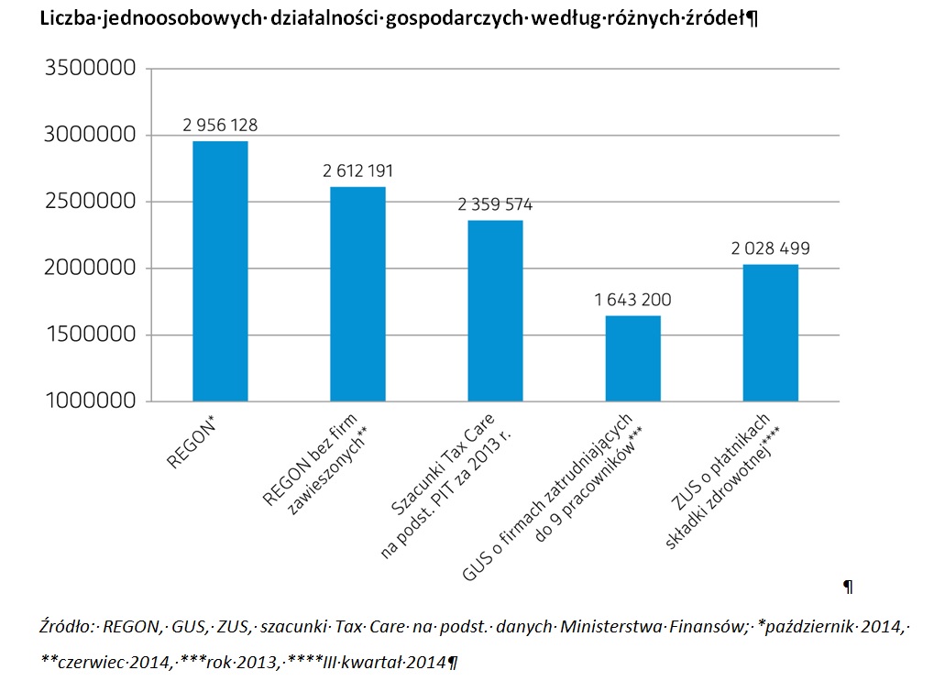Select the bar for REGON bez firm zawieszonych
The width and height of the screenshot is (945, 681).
pyautogui.click(x=357, y=294)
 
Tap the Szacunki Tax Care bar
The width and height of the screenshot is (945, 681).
pyautogui.click(x=496, y=311)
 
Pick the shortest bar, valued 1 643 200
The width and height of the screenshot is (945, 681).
pyautogui.click(x=633, y=358)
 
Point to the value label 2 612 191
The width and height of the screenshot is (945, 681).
pyautogui.click(x=358, y=170)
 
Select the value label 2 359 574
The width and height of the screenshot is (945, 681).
pyautogui.click(x=496, y=204)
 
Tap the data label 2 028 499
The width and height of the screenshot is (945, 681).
pyautogui.click(x=771, y=248)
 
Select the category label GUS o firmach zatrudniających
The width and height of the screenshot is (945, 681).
pyautogui.click(x=545, y=500)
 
